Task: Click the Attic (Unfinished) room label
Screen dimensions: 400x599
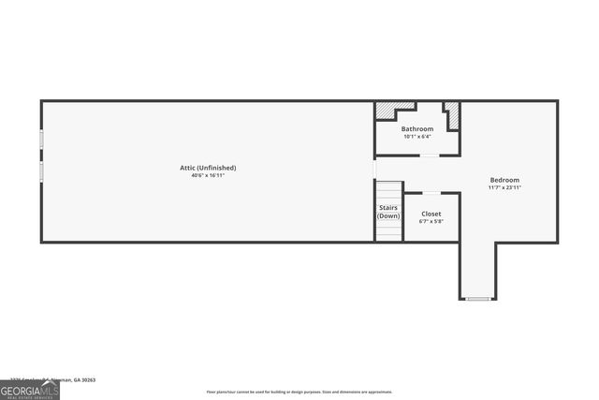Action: (208, 168)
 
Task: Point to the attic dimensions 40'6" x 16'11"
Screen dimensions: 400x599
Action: (208, 175)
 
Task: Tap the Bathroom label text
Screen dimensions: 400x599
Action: (417, 128)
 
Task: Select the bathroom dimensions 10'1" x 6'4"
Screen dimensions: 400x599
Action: (417, 137)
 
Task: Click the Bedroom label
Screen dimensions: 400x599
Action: (504, 180)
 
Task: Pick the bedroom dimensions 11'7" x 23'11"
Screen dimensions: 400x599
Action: (504, 187)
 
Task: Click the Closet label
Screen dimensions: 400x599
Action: (431, 214)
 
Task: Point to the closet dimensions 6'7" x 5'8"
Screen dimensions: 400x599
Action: (431, 221)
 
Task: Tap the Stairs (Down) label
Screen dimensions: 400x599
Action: (388, 212)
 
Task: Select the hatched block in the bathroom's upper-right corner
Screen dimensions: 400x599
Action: (452, 113)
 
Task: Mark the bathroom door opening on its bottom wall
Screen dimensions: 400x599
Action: (428, 156)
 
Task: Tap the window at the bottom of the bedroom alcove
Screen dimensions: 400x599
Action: (477, 299)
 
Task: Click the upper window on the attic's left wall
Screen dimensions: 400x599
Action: (41, 139)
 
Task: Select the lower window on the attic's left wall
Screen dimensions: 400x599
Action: (41, 171)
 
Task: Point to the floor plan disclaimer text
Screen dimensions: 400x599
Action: (299, 392)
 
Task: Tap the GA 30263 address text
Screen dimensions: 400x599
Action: (82, 380)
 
